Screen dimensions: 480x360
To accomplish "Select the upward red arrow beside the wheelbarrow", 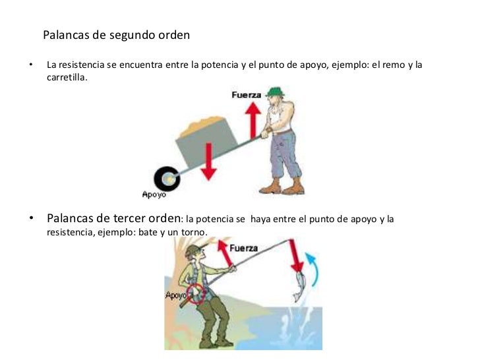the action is point(253,120).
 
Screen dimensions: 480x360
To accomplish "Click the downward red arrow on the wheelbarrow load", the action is point(209,162).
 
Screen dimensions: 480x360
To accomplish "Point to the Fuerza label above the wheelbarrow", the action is point(247,95).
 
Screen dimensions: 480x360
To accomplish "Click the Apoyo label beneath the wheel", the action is point(154,195).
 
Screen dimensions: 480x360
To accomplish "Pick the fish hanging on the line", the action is point(299,287).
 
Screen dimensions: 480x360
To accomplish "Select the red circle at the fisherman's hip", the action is point(196,294).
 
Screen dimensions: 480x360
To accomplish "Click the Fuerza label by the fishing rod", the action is point(244,248).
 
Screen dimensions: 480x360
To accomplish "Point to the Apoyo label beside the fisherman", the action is point(175,295).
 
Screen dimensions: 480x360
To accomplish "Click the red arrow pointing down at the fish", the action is point(295,256).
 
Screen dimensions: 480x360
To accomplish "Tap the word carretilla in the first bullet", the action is point(66,77).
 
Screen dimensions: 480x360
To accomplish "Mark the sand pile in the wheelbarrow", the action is point(202,126).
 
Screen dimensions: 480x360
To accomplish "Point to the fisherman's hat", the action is point(193,250).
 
